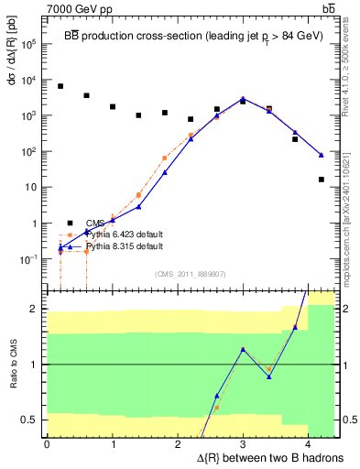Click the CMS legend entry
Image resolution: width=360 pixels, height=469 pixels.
96,223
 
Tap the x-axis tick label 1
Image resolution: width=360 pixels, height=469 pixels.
112,444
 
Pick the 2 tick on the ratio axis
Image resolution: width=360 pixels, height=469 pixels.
33,310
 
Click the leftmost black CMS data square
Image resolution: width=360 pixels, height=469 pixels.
60,86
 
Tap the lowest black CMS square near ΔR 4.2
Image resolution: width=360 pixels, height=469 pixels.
322,180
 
